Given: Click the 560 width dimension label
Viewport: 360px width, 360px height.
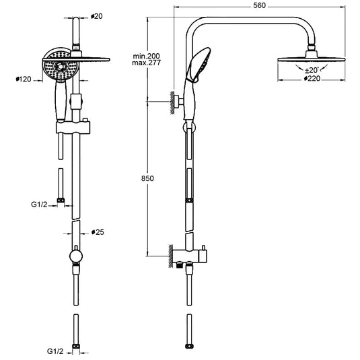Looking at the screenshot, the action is point(259,5).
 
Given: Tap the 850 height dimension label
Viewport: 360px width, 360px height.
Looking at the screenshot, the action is point(147,178).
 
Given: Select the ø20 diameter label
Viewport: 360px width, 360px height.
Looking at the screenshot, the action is point(97,16).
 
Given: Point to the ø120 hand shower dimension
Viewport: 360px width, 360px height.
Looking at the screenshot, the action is point(24,79).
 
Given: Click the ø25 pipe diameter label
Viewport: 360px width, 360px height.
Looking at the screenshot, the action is point(98,232).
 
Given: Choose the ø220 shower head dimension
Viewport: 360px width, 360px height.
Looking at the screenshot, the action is point(312,79).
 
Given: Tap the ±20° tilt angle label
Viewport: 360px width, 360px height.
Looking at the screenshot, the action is point(312,70).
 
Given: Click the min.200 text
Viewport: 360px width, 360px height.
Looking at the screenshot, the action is point(146,56).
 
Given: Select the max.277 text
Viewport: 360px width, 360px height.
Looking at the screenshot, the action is point(146,63).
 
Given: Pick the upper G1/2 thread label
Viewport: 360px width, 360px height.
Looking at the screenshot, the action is point(39,205).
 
